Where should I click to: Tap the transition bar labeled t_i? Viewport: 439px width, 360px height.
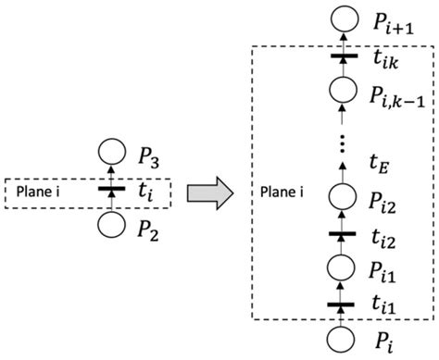pyautogui.click(x=112, y=190)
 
